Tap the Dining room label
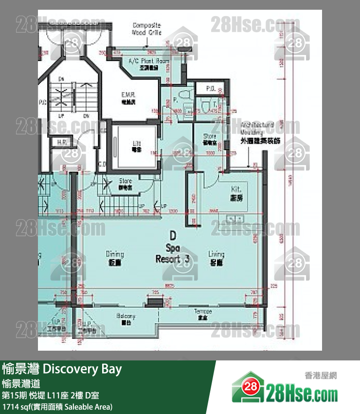point(115,258)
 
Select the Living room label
point(216,258)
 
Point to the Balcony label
point(126,319)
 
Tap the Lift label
point(137,146)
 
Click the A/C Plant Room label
point(142,64)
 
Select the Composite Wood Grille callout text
point(147,29)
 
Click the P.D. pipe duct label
point(211,89)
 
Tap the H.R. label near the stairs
point(62,143)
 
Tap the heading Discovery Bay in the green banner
point(62,369)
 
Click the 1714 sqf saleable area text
point(57,406)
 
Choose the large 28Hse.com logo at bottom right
point(285,390)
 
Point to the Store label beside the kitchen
point(210,139)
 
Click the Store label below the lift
point(125,184)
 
